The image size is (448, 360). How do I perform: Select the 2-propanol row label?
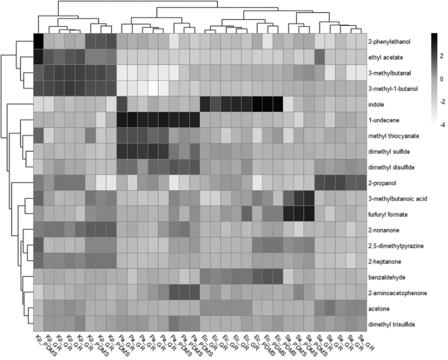[x=380, y=183]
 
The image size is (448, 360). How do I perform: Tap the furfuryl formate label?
[x=386, y=214]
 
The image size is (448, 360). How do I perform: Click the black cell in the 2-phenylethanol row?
[x=39, y=41]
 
